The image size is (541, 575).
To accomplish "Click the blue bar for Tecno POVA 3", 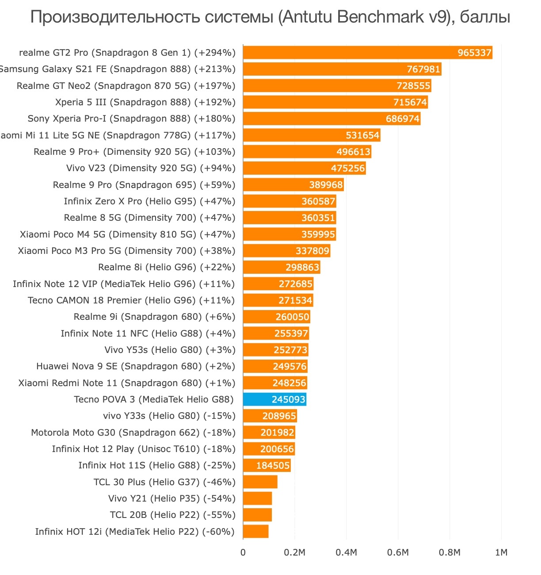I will click(x=274, y=399).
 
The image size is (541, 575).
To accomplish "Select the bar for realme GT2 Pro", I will click(x=367, y=53).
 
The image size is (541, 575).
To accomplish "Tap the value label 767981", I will click(x=423, y=69).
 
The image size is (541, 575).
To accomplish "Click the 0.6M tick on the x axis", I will click(x=398, y=552).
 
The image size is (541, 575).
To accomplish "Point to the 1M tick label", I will click(x=501, y=552).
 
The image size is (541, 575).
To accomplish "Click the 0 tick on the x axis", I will click(x=243, y=552).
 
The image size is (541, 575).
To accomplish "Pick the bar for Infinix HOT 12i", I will click(x=255, y=531).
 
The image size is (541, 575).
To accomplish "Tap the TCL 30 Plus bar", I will click(x=260, y=482).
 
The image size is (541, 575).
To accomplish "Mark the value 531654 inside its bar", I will click(x=362, y=135).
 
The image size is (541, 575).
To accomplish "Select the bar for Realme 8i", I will click(x=281, y=267).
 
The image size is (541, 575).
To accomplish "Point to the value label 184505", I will click(x=273, y=465).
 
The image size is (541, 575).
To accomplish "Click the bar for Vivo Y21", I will click(x=257, y=498).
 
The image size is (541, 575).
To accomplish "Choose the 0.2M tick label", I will click(x=294, y=552).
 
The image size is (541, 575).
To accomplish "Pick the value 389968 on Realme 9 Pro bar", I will click(x=326, y=185).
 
